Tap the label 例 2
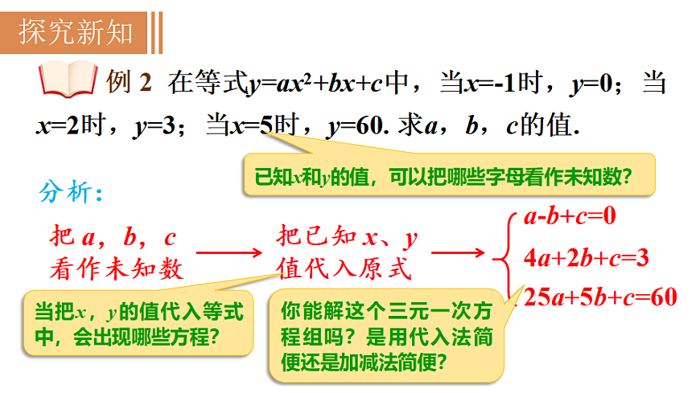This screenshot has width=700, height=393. coord(129,80)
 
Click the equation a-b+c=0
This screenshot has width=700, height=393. coord(569,215)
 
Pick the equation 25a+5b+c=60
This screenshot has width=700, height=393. coord(599,297)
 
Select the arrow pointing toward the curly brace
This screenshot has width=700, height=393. coord(458,252)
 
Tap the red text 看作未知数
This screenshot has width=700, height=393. coord(116,268)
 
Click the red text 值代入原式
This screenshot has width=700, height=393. coord(344,268)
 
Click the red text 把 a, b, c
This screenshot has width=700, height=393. coord(113,237)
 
